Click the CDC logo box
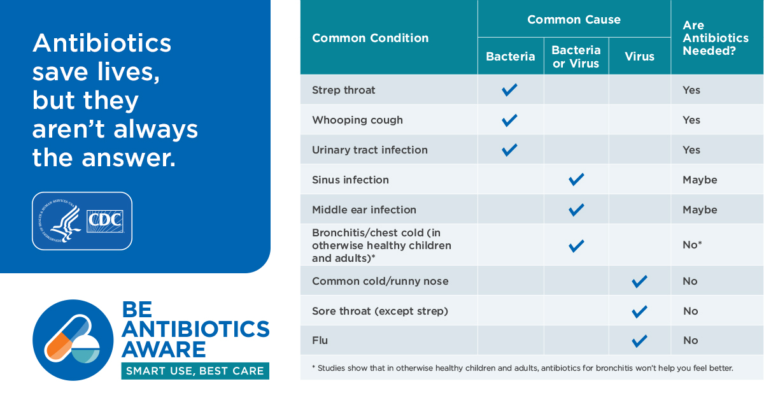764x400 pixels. tap(105, 221)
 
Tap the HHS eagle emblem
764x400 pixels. tap(59, 221)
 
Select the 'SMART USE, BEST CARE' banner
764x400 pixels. tap(195, 371)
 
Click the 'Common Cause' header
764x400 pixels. tap(574, 20)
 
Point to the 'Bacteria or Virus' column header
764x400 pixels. tap(576, 57)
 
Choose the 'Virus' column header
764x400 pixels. tap(639, 56)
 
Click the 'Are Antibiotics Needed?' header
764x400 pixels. tap(716, 38)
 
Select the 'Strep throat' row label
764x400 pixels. tap(343, 90)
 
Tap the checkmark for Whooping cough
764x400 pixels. tap(509, 120)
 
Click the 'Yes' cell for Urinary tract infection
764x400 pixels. tap(691, 150)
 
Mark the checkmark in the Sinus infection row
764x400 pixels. tap(576, 180)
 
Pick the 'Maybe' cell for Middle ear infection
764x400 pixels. tap(700, 210)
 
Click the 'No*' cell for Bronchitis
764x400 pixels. tap(692, 245)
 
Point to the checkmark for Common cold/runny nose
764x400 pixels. tap(639, 282)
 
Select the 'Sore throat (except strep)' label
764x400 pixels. tap(380, 311)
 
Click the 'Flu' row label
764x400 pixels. tap(320, 340)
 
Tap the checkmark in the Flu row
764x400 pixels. tap(639, 341)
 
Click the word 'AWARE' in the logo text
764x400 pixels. tap(164, 350)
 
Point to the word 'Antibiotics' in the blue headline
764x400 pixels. tap(102, 43)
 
